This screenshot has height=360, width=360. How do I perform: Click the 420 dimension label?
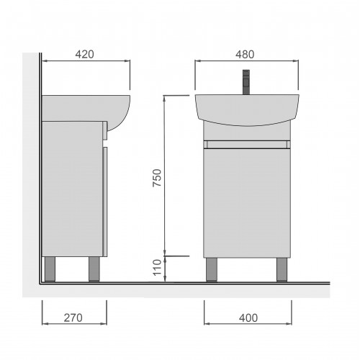(84, 54)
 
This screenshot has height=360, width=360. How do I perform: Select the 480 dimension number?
(245, 55)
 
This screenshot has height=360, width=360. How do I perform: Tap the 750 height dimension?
(157, 178)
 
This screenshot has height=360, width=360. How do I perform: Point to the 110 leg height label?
(157, 267)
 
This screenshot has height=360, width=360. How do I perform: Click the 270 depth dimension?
(73, 318)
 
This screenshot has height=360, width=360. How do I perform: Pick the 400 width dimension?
(248, 318)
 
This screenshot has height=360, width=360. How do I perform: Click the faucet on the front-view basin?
(246, 82)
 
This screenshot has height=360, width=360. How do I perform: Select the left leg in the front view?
(212, 269)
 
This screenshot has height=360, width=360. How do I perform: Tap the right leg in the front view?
(282, 269)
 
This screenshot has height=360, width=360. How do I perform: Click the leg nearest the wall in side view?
(50, 269)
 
